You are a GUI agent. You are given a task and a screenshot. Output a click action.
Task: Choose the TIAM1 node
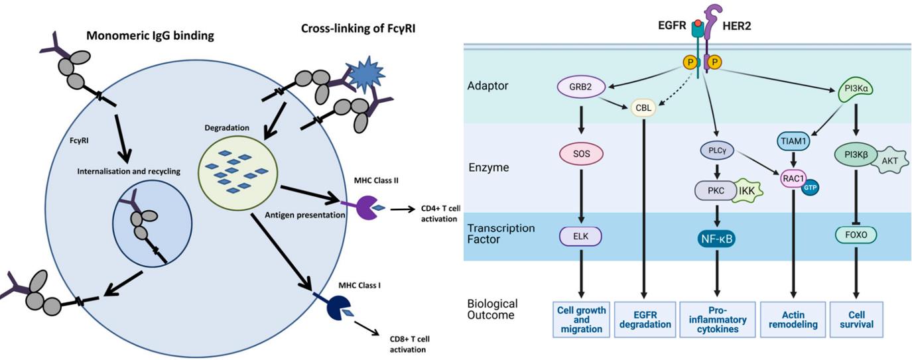(x=794, y=141)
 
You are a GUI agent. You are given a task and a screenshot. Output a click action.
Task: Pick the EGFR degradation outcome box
(x=643, y=320)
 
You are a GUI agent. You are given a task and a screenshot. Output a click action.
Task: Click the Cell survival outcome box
(x=856, y=320)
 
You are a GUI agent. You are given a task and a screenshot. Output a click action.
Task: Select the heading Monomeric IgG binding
(x=151, y=36)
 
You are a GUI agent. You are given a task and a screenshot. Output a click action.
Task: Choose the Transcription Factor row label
(x=500, y=233)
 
